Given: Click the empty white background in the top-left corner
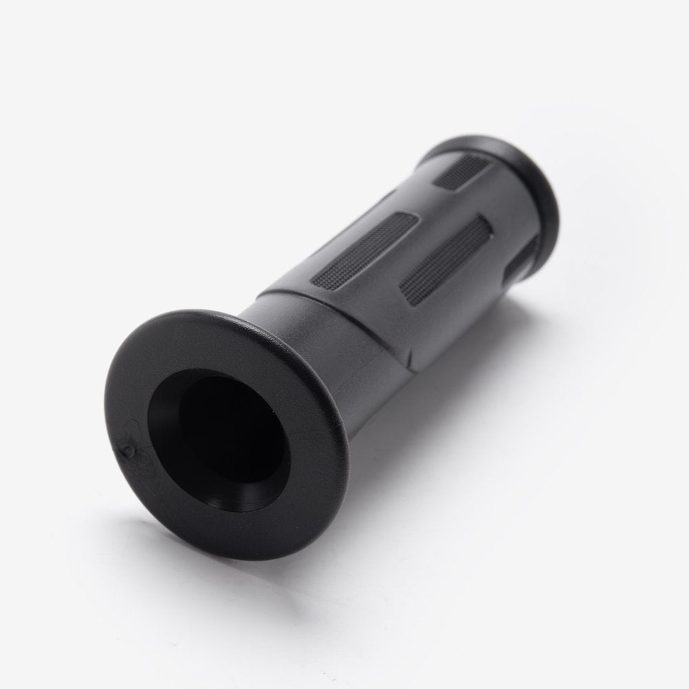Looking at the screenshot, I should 55,55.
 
